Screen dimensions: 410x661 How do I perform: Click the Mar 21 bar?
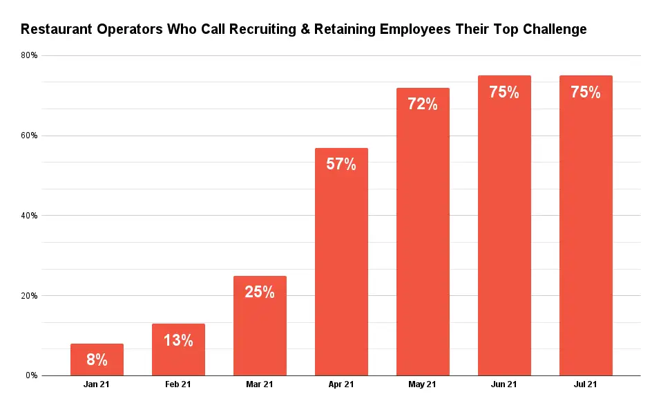[260, 332]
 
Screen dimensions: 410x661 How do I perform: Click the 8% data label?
[97, 360]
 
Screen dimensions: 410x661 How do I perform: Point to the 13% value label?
[178, 340]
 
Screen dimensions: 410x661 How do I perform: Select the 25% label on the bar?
[260, 292]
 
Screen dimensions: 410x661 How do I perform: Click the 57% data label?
[341, 165]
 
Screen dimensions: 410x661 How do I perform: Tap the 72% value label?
[423, 104]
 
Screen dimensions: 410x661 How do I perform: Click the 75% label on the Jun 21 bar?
[504, 92]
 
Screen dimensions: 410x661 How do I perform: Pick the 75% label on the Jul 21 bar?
[586, 92]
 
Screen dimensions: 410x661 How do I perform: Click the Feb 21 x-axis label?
[178, 384]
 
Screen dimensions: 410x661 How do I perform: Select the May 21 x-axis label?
[423, 384]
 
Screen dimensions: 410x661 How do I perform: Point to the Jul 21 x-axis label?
[586, 384]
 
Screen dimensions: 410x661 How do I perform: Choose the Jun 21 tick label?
[504, 384]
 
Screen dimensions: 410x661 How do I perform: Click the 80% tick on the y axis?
[29, 55]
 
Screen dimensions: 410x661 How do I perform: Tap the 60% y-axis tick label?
[29, 136]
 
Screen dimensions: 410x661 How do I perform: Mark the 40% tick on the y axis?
[29, 216]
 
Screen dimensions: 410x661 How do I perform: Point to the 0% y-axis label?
[31, 375]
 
